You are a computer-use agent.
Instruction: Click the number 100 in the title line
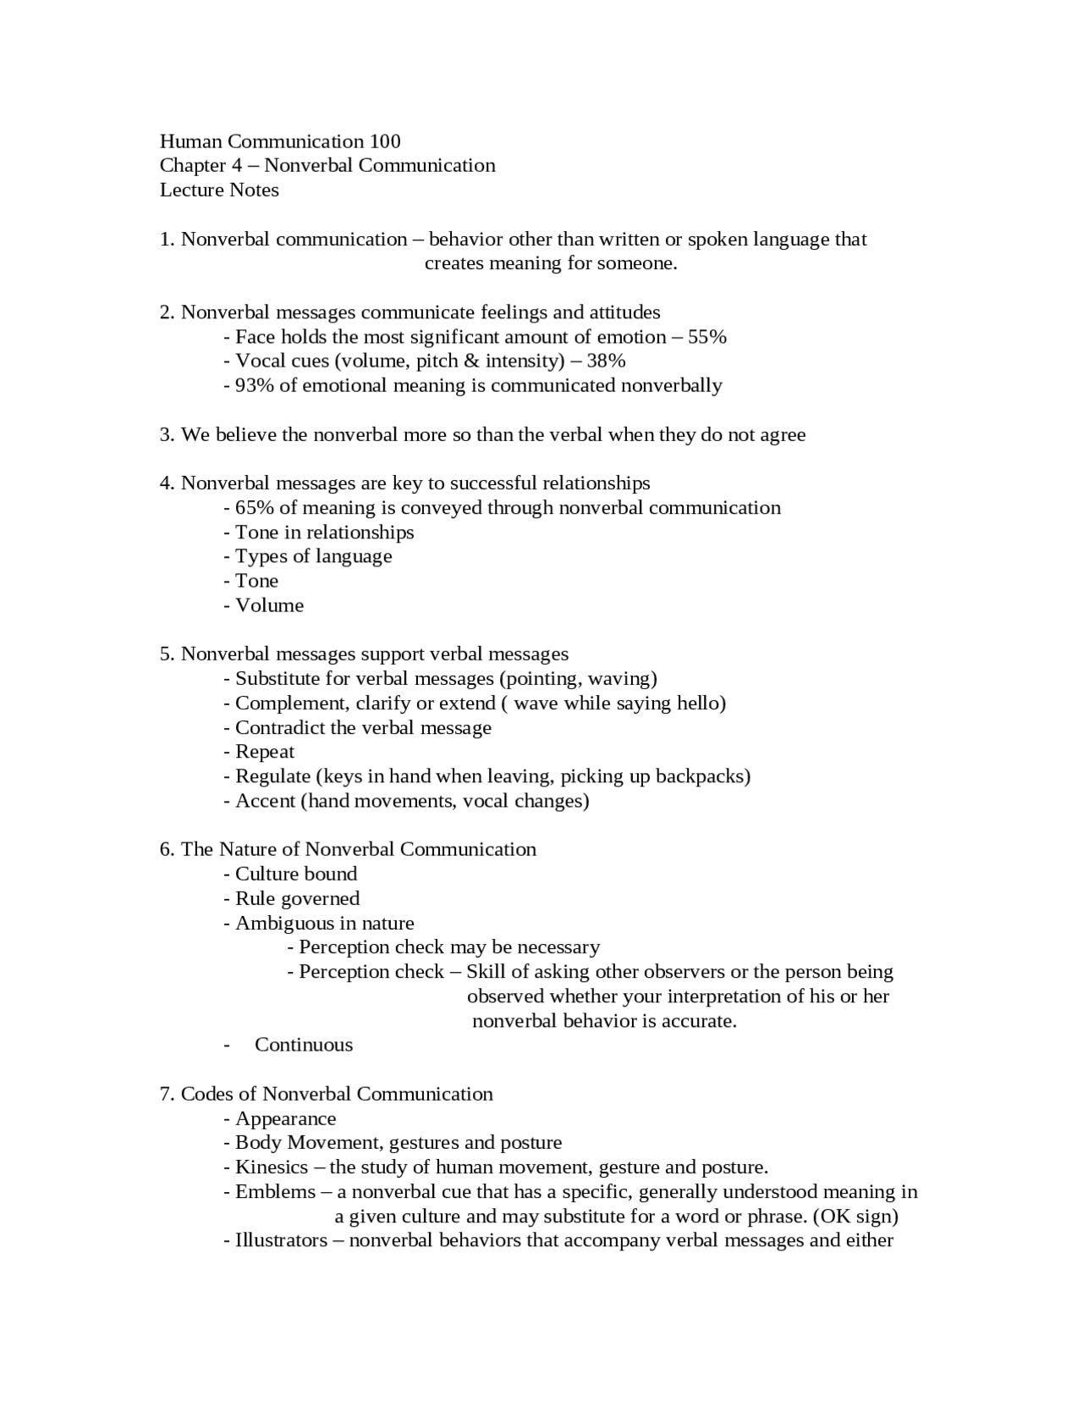(384, 141)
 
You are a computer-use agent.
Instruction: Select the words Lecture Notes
(219, 190)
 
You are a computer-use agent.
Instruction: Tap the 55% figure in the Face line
(707, 337)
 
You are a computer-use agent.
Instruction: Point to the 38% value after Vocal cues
(606, 362)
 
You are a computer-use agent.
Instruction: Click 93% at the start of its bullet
(255, 386)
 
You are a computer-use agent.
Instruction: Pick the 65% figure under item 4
(255, 508)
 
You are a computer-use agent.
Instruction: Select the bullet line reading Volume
(269, 605)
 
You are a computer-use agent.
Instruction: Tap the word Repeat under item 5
(265, 752)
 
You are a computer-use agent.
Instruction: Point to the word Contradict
(278, 728)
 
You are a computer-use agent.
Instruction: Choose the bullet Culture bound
(295, 874)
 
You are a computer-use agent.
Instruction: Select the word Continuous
(304, 1045)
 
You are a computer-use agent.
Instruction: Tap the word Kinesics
(271, 1167)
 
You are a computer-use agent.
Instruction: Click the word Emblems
(275, 1192)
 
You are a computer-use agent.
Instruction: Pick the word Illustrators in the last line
(281, 1241)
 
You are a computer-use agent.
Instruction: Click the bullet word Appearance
(285, 1118)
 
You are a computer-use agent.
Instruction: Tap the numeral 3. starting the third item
(167, 435)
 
